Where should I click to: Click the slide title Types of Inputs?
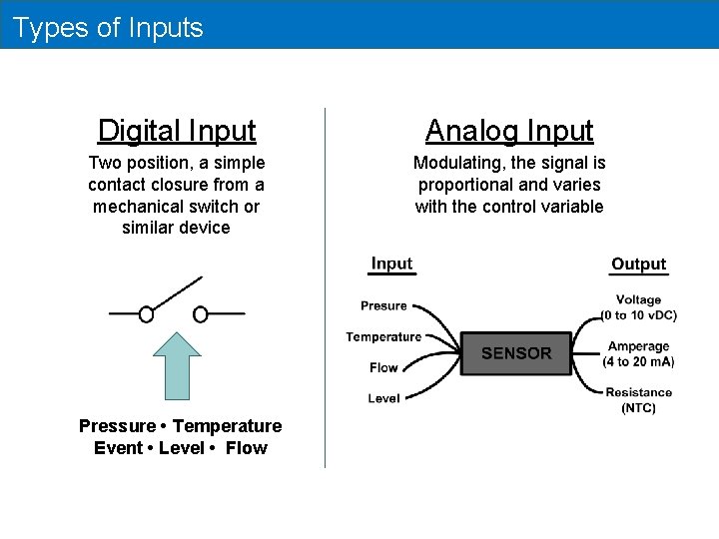pos(108,27)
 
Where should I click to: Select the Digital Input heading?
pos(177,131)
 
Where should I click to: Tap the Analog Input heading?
pos(509,131)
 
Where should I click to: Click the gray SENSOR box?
pos(515,353)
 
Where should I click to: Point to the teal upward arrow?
pos(177,364)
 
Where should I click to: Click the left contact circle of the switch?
pos(146,314)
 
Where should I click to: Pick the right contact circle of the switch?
pos(200,314)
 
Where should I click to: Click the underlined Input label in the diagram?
pos(391,265)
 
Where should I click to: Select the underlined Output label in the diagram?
pos(638,265)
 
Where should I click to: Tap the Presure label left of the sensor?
pos(383,305)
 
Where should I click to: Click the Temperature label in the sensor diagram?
pos(383,337)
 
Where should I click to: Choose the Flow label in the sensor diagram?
pos(383,367)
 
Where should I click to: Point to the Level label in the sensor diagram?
pos(383,398)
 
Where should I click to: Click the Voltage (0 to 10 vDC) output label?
pos(638,306)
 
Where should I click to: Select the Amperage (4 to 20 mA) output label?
pos(638,353)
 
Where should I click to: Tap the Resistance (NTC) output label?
pos(638,399)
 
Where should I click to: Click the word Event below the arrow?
pos(118,448)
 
